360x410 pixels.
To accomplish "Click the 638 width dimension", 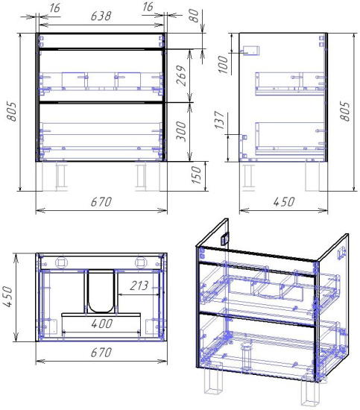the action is tap(101, 16).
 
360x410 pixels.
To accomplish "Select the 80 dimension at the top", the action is tap(194, 16).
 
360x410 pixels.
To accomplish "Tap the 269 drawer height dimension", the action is tap(181, 75).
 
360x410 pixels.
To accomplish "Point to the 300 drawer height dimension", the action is tap(181, 131).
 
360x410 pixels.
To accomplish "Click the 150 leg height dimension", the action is tap(196, 175).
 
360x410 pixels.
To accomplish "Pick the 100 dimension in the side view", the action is tap(223, 64).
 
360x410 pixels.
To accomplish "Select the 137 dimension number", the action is tap(219, 120).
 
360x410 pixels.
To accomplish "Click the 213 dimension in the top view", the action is tap(139, 286).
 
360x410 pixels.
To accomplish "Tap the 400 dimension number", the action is tap(102, 324).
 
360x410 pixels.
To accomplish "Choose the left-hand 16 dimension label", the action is tap(54, 8).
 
